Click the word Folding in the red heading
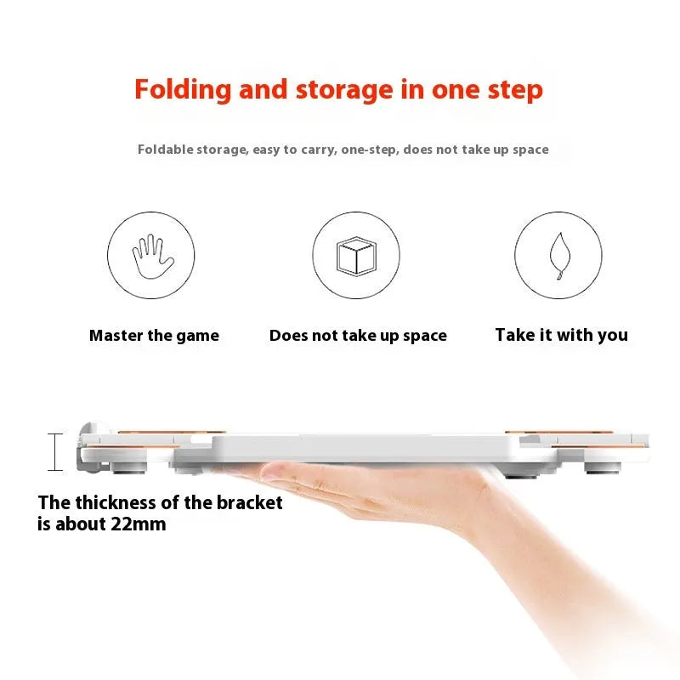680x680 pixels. coord(183,90)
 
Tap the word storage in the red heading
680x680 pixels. coord(344,90)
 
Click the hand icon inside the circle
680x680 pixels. coord(153,257)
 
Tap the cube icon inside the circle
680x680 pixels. coord(356,256)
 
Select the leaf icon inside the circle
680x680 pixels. coord(559,256)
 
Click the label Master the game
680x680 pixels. coord(154,336)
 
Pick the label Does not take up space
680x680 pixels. coord(358,336)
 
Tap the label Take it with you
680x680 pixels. coord(562,335)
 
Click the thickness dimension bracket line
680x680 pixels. coord(55,452)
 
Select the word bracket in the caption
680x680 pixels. coord(249,502)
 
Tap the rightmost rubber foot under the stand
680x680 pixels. coord(603,467)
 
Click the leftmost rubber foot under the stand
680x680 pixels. coord(129,467)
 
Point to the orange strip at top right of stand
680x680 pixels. coord(559,432)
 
